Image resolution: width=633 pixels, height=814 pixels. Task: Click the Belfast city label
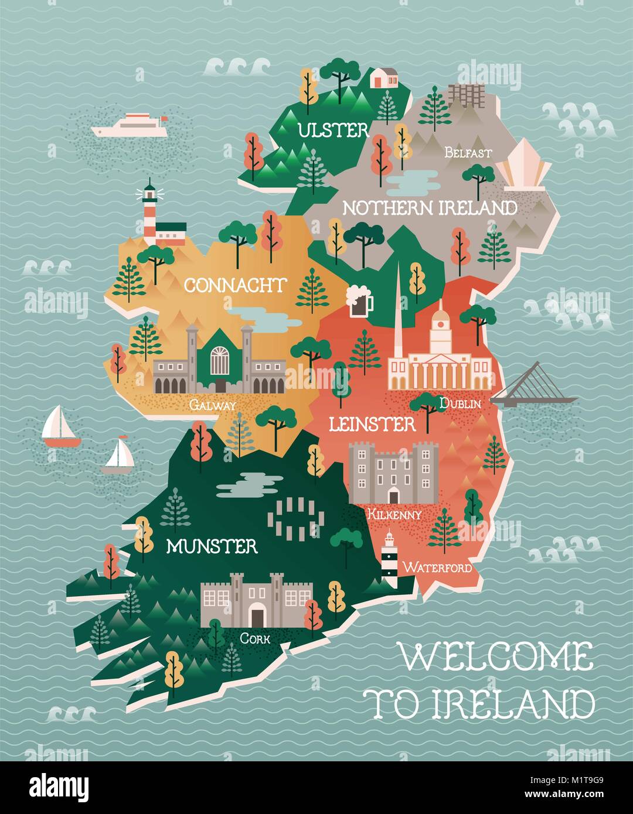pos(468,153)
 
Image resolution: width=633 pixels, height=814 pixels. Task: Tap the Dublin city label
pos(460,403)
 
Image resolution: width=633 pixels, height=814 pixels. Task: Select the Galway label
pos(213,405)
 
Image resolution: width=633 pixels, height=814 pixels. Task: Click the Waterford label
pos(437,567)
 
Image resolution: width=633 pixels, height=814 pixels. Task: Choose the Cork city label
pos(255,638)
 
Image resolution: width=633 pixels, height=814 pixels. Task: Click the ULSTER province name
pos(333,130)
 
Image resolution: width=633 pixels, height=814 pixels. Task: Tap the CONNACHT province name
pos(235,286)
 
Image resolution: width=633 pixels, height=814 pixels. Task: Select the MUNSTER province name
pos(212,546)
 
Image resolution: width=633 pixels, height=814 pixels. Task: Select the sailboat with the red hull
pos(60,427)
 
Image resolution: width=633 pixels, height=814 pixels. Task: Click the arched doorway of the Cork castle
pos(256,616)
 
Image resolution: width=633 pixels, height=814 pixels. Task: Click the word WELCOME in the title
pos(496,656)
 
